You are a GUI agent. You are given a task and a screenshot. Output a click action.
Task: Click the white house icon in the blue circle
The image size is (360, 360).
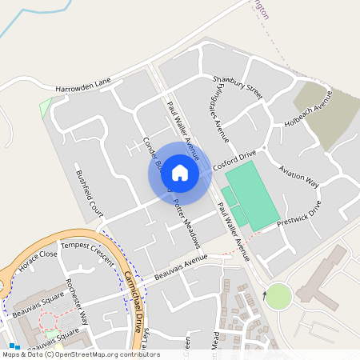pos(180,173)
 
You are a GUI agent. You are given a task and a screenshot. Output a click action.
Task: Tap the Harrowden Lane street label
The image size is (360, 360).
pos(82,82)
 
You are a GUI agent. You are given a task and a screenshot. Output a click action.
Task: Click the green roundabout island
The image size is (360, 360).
pos(278,296)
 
